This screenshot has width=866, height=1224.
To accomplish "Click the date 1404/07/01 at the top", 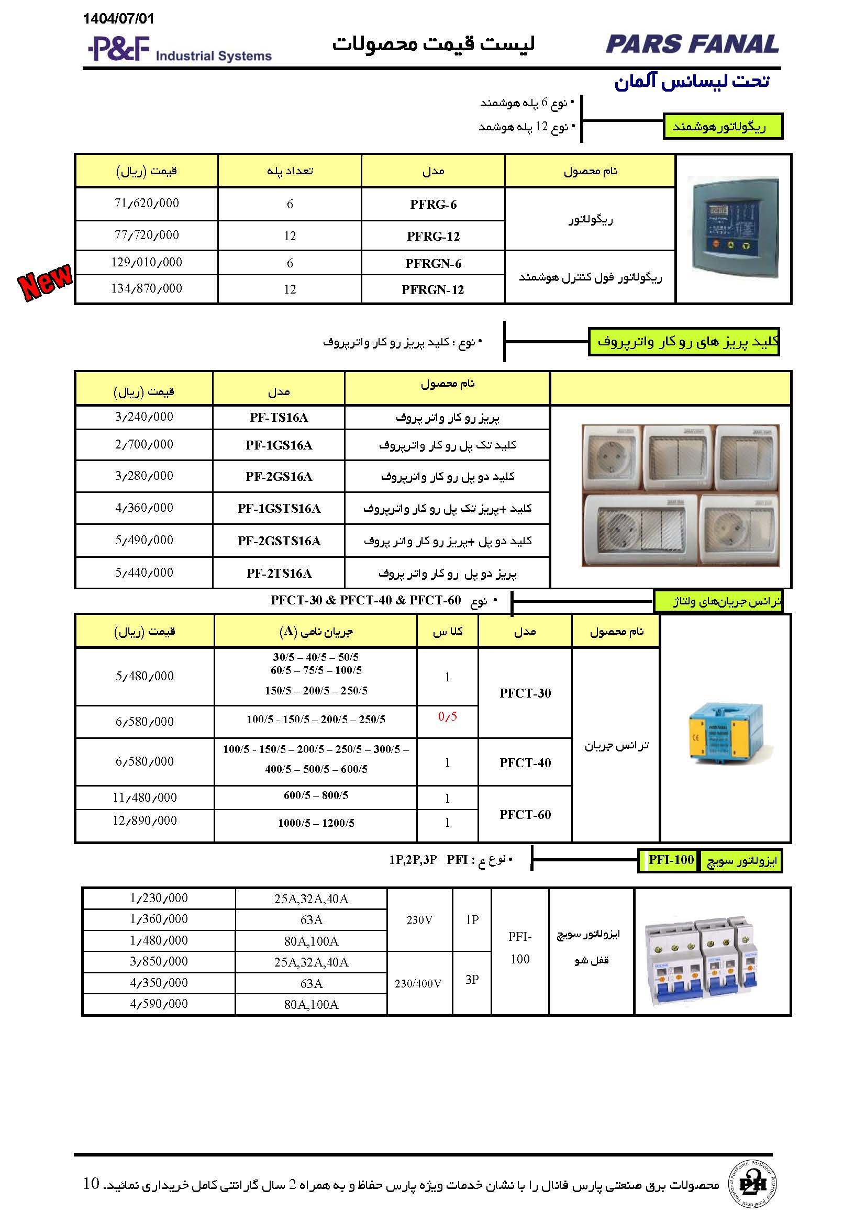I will pyautogui.click(x=118, y=19).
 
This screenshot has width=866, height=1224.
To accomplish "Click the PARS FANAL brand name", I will pyautogui.click(x=692, y=44).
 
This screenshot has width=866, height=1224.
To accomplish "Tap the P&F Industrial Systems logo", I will pyautogui.click(x=180, y=50).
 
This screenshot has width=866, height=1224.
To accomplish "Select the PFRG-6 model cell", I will pyautogui.click(x=433, y=205).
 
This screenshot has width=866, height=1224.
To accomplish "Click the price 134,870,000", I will pyautogui.click(x=147, y=289).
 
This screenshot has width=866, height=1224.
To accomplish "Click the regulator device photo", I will pyautogui.click(x=733, y=229).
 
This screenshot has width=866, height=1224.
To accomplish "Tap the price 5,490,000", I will pyautogui.click(x=144, y=541).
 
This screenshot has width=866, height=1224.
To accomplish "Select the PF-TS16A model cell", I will pyautogui.click(x=279, y=418).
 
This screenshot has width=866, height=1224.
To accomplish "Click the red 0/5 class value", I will pyautogui.click(x=447, y=716).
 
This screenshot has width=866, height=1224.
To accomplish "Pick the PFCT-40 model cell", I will pyautogui.click(x=525, y=763).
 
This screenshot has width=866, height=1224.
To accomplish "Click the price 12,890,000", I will pyautogui.click(x=145, y=821).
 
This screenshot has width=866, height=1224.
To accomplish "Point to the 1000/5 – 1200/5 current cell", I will pyautogui.click(x=316, y=823).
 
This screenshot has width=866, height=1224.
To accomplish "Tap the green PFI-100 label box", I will pyautogui.click(x=671, y=860).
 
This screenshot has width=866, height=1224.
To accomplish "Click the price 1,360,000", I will pyautogui.click(x=159, y=919).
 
